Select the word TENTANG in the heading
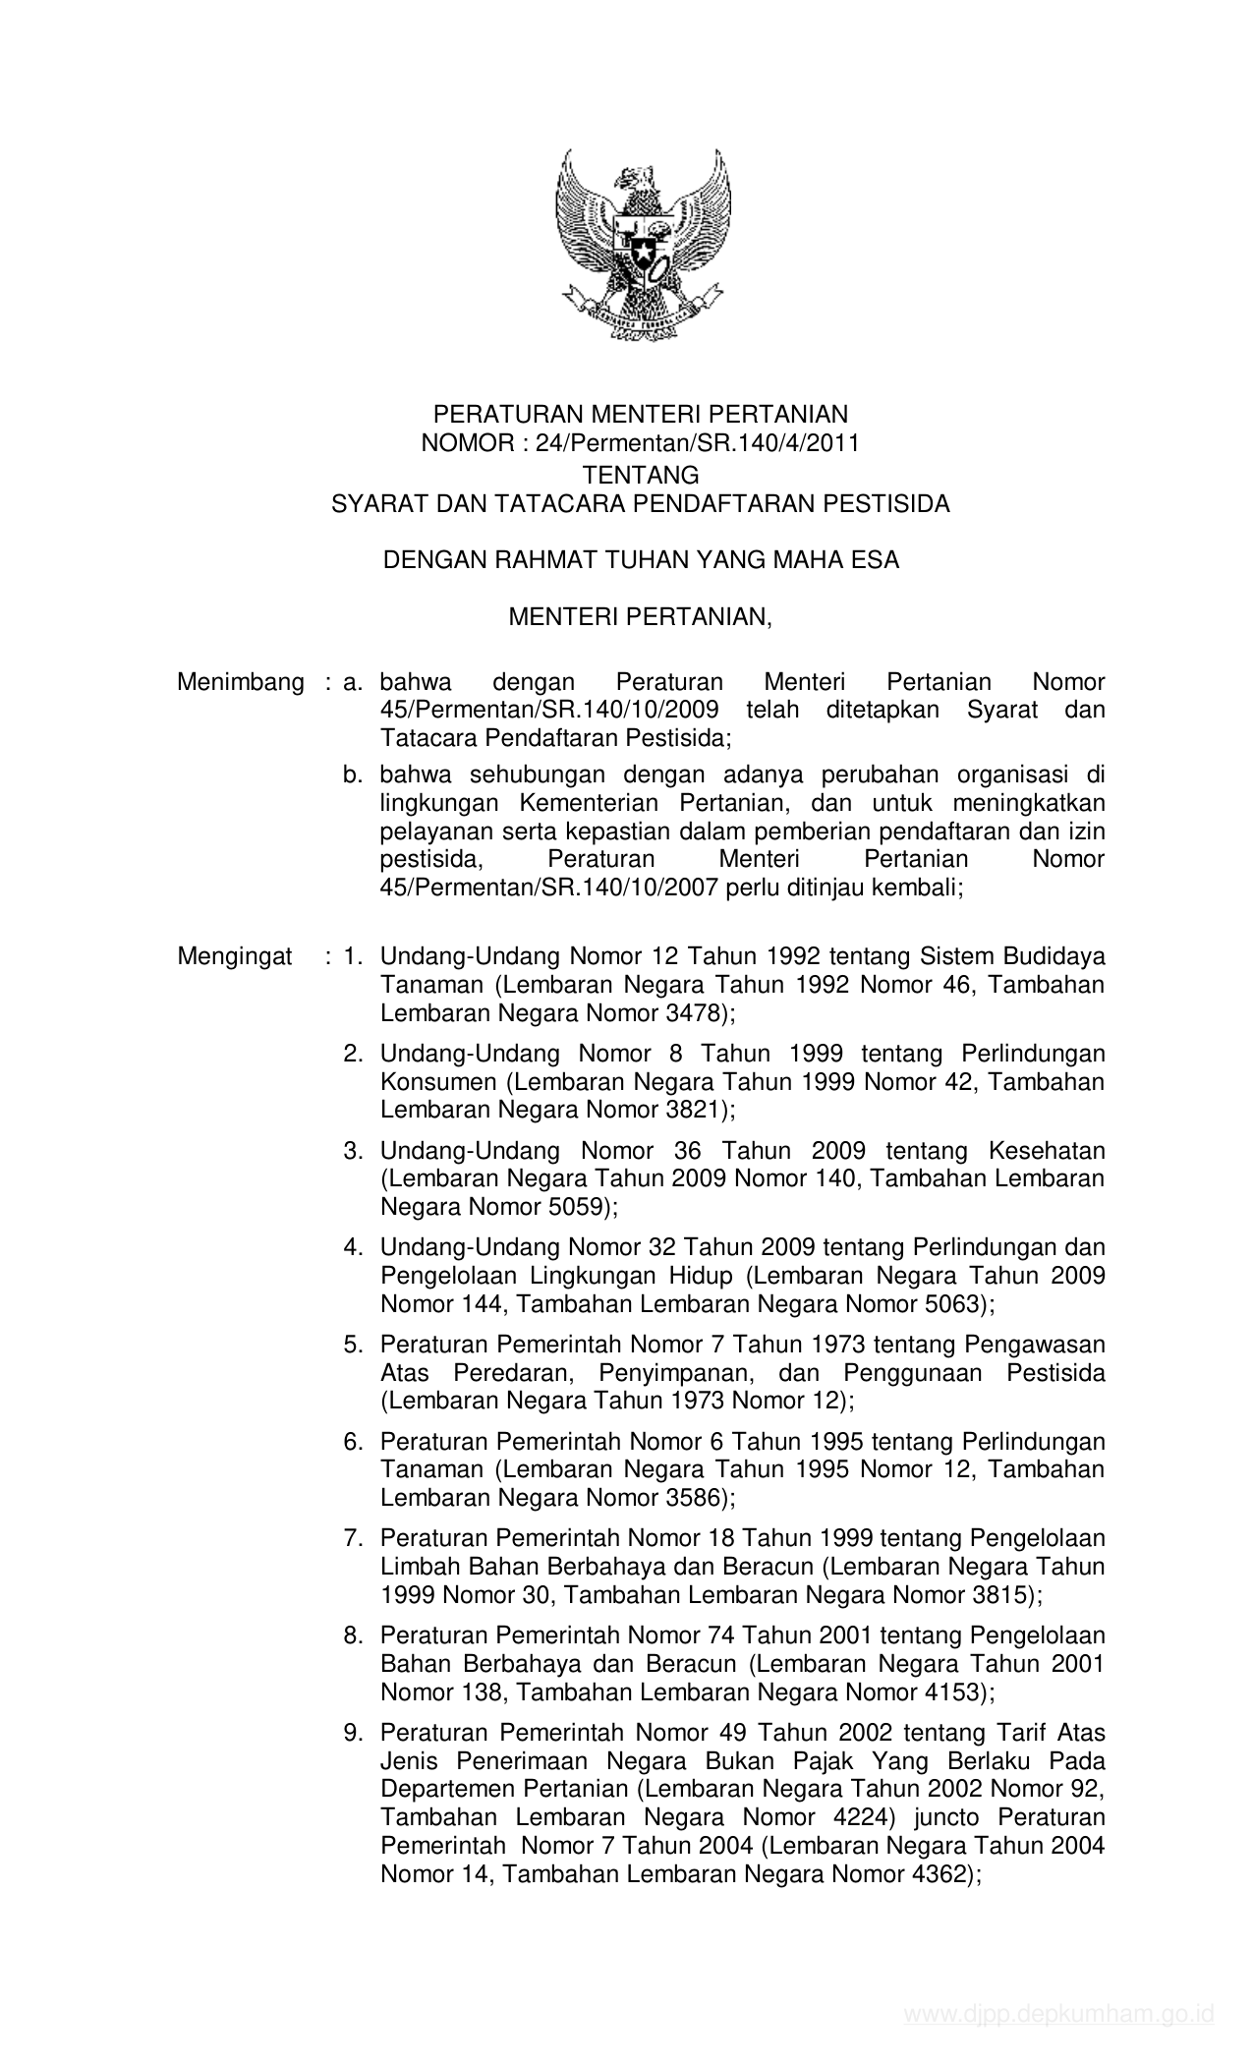coord(641,475)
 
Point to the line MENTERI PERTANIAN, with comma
coord(641,616)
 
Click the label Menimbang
coord(241,682)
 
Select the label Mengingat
coord(235,955)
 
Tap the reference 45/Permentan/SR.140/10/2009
coord(549,710)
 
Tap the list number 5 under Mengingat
coord(352,1344)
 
